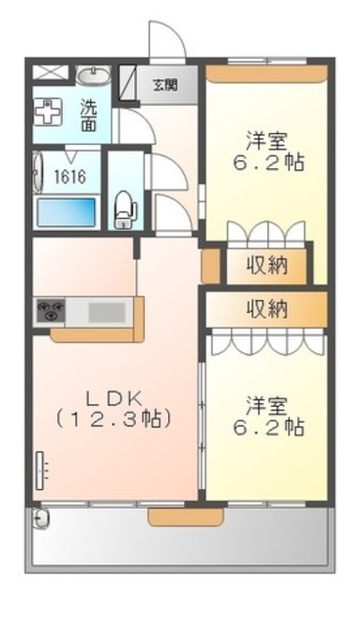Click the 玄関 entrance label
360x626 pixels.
pyautogui.click(x=164, y=83)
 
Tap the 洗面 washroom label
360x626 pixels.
pyautogui.click(x=88, y=116)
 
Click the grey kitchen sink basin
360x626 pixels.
pyautogui.click(x=109, y=313)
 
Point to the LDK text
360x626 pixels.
pyautogui.click(x=114, y=399)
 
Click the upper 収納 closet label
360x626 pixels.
pyautogui.click(x=265, y=265)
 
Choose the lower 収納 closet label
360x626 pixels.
pyautogui.click(x=265, y=308)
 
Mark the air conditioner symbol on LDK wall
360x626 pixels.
pyautogui.click(x=42, y=470)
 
